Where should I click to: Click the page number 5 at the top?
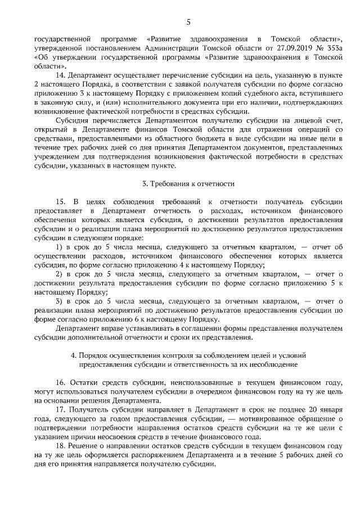tap(188, 22)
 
